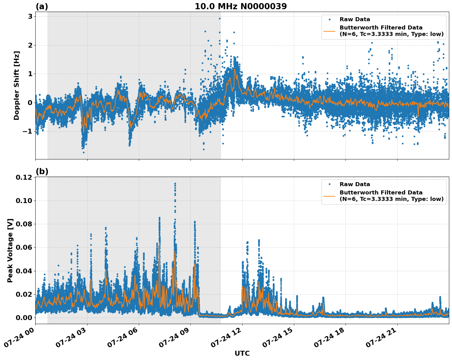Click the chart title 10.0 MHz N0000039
(x=240, y=6)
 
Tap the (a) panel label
(x=42, y=6)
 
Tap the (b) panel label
(x=42, y=171)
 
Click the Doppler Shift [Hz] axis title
(x=17, y=85)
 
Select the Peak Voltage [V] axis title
(x=10, y=250)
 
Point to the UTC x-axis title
(x=242, y=353)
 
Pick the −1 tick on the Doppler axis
(x=27, y=131)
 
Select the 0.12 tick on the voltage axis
(x=24, y=178)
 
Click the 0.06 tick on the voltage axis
(x=24, y=248)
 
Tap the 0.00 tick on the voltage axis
(x=24, y=318)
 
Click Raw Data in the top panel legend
(x=355, y=20)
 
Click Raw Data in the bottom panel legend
(x=355, y=184)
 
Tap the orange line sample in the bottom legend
(x=329, y=196)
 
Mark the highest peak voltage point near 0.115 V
(x=175, y=184)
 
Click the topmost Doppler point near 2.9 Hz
(x=220, y=18)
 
